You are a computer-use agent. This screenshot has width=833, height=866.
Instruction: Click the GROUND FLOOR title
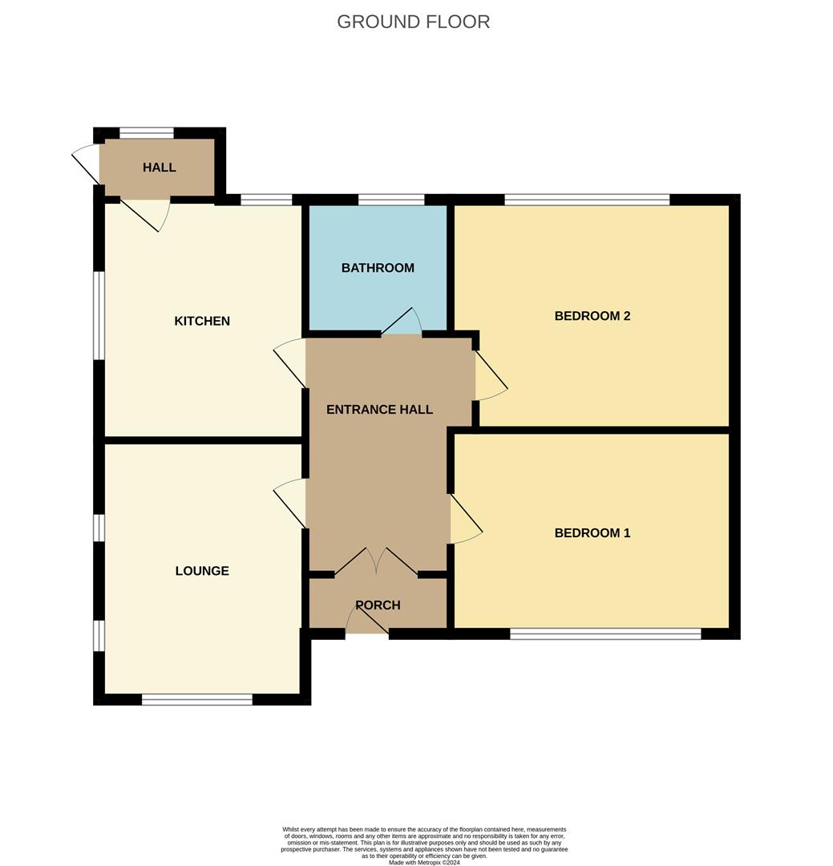point(413,22)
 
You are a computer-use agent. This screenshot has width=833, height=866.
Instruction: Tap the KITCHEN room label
point(202,321)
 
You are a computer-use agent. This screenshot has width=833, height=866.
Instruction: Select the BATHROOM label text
point(378,268)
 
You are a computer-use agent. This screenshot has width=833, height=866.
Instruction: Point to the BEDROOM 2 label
point(592,316)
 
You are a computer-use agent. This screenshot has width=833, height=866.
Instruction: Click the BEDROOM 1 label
point(592,533)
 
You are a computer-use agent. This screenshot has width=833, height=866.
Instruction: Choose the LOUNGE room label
point(202,571)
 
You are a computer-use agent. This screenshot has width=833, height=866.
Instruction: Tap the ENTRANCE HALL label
point(379,409)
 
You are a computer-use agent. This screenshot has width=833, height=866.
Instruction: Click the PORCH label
point(378,605)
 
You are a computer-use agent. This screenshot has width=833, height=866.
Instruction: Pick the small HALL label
point(159,168)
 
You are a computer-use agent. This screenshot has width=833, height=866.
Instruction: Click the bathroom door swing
point(402,322)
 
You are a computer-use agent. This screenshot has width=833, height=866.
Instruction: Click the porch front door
point(367,617)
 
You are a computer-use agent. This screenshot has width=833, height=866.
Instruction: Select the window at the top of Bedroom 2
point(587,200)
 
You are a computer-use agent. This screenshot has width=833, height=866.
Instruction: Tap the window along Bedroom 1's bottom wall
point(605,634)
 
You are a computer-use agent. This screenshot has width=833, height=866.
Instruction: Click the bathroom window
point(391,200)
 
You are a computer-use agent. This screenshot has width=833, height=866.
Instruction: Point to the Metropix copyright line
point(424,862)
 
